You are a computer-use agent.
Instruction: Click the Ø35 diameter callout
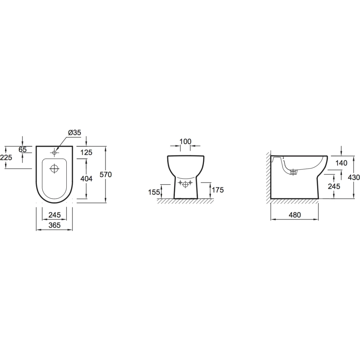pos(74,133)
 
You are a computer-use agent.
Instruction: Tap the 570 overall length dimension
pos(106,175)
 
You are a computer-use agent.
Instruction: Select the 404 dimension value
pos(86,179)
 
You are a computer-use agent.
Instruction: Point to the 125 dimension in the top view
pos(86,152)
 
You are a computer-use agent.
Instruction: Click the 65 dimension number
pos(22,149)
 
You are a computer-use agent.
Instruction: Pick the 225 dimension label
pos(6,158)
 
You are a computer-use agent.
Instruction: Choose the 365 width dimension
pos(55,225)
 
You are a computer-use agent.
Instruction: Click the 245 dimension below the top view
pos(55,215)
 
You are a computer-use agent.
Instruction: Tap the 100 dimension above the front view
pos(185,141)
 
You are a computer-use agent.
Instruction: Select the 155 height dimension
pos(154,192)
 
